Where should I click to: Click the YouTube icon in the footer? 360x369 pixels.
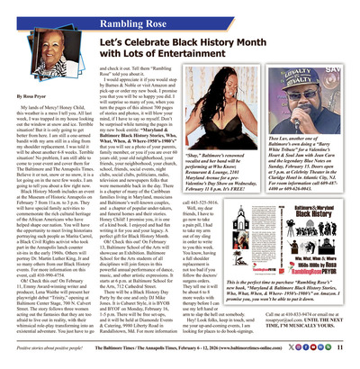(x=322, y=357)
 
